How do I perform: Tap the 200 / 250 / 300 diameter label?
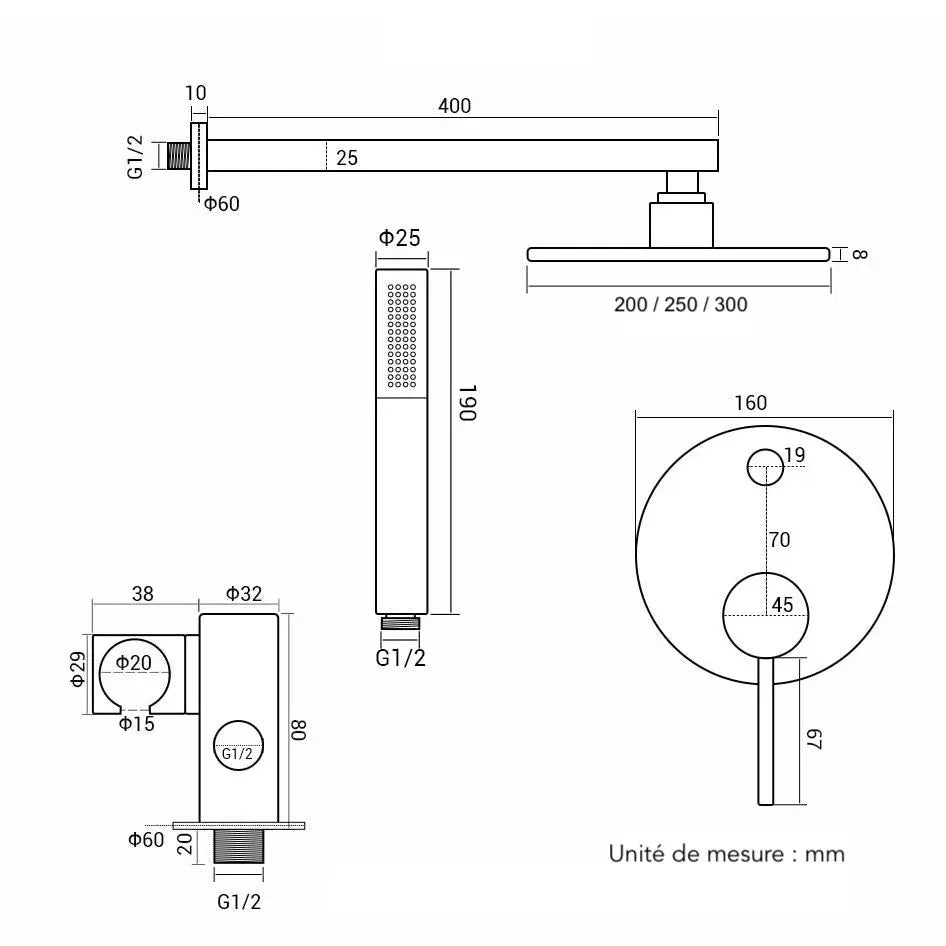click(680, 304)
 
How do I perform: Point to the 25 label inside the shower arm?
click(347, 157)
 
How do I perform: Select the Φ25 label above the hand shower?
click(398, 238)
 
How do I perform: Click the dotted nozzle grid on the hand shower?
click(400, 334)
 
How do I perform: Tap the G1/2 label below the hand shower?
click(400, 657)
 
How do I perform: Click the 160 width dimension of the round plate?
click(749, 403)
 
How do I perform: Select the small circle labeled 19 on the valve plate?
click(766, 465)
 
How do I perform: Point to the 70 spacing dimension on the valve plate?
click(780, 540)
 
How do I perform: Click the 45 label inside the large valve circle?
click(782, 604)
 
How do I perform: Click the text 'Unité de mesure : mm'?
click(727, 853)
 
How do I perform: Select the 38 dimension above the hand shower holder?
click(143, 593)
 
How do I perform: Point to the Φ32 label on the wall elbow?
click(243, 593)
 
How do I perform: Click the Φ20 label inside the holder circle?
click(133, 662)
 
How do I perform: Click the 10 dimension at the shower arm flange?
click(196, 93)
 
